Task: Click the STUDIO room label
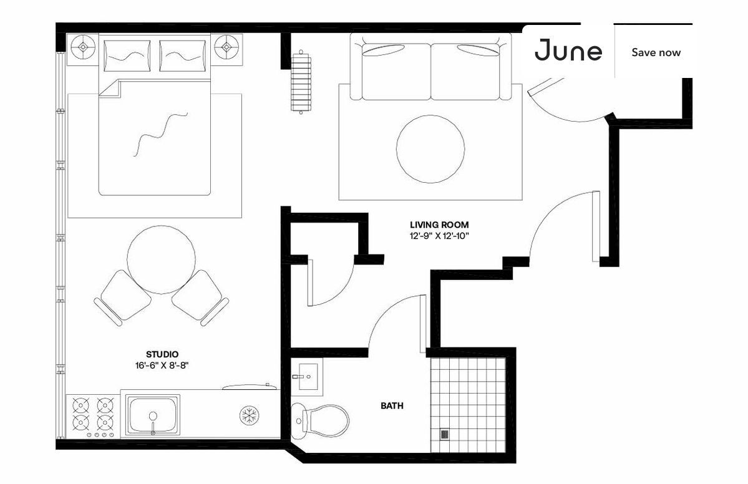[162, 354]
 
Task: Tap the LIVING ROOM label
[439, 225]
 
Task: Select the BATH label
[392, 406]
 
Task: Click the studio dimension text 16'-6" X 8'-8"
[162, 365]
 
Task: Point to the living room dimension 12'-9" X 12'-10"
[439, 236]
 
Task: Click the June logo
[568, 52]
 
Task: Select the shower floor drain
[445, 434]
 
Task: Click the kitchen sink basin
[153, 415]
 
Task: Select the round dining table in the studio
[160, 256]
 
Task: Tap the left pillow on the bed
[127, 56]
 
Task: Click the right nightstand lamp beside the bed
[225, 47]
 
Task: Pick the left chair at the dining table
[123, 298]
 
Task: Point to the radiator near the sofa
[301, 81]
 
